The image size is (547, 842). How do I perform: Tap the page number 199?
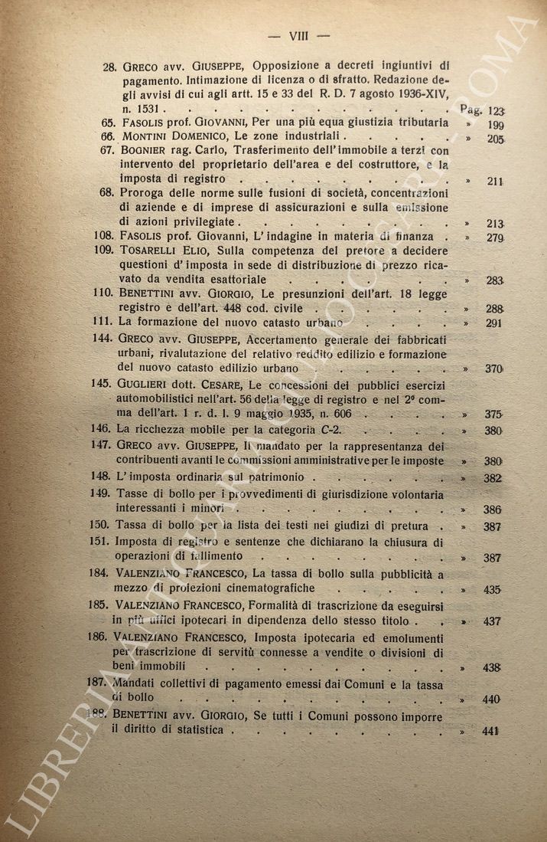coord(494,124)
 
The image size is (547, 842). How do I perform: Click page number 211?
coord(493,182)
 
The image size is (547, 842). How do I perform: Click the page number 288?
coord(493,309)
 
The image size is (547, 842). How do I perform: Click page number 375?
coord(493,414)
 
